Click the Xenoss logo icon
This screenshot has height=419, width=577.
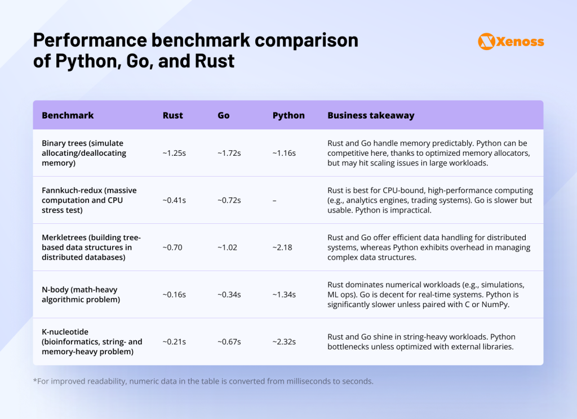coord(486,41)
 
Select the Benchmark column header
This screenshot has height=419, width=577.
coord(68,115)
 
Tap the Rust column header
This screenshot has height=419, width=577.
coord(172,115)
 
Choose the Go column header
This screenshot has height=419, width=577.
coord(224,115)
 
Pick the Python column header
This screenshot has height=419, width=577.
coord(288,115)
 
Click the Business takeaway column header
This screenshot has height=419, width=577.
coord(371,115)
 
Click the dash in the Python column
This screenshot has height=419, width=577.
coord(274,200)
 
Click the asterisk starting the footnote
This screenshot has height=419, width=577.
coord(35,380)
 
